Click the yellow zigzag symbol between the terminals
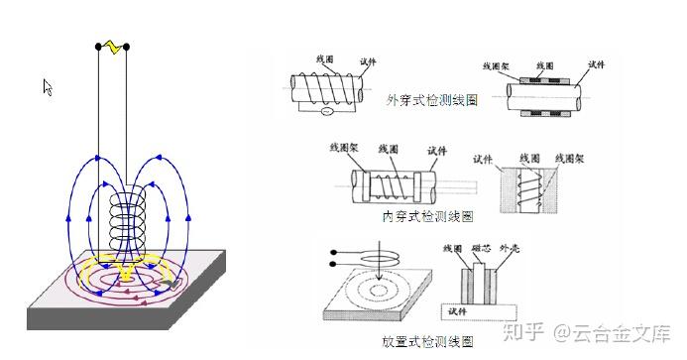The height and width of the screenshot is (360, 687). tap(114, 47)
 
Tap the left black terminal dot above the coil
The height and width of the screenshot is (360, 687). tap(98, 47)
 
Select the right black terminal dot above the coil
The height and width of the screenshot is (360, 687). tap(127, 47)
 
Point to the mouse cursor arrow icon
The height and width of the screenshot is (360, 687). tap(48, 87)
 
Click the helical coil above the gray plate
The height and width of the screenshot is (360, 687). tap(127, 222)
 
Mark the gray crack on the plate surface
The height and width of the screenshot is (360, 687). tap(170, 285)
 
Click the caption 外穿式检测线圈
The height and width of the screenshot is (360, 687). tap(431, 100)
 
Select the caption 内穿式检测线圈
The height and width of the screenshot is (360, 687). tap(427, 216)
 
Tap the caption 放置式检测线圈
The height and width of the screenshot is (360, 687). tap(427, 341)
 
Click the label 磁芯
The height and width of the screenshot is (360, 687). tap(481, 248)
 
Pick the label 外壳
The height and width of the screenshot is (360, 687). tap(510, 248)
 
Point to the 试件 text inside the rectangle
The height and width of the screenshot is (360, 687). tap(457, 311)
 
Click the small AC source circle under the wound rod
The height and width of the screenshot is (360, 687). tap(326, 111)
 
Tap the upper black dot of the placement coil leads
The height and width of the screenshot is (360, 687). tap(334, 252)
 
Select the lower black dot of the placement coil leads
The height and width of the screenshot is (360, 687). tap(333, 264)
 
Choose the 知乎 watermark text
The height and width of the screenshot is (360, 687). tap(523, 333)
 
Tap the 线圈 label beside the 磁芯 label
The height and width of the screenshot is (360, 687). tap(453, 248)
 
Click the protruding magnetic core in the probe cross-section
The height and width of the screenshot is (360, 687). tap(479, 284)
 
